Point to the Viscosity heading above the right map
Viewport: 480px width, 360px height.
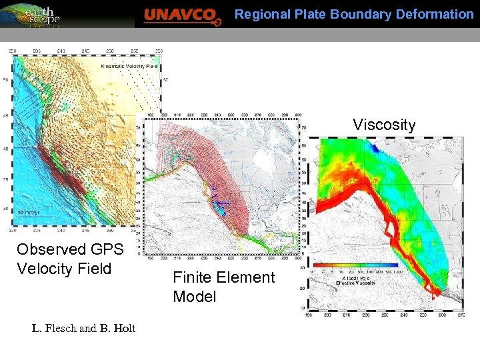[x=383, y=125]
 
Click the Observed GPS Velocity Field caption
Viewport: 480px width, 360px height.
[x=70, y=259]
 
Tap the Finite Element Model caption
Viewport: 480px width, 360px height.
[x=223, y=287]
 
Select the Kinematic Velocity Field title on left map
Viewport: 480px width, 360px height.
[x=129, y=66]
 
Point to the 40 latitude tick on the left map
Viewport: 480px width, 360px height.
[x=6, y=149]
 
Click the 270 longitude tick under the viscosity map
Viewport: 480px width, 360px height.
[x=459, y=316]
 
